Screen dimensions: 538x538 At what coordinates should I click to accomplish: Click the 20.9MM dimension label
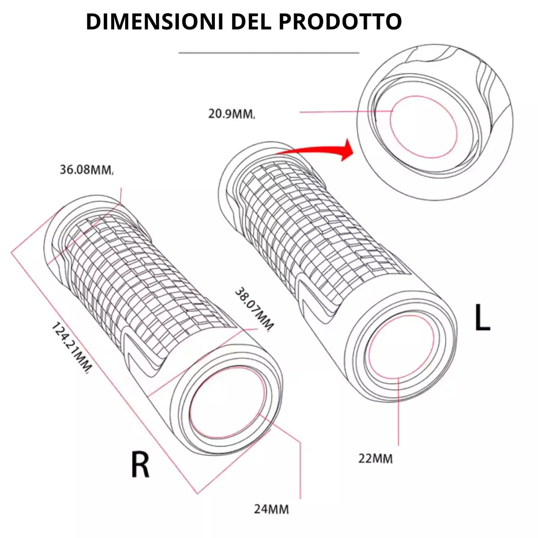point(231,114)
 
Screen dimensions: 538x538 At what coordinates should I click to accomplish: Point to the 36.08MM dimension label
point(86,170)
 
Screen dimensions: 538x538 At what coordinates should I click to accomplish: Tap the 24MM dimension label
point(271,509)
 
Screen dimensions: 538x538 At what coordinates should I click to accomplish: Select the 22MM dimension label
point(375,458)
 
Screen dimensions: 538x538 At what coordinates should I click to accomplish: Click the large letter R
point(140,464)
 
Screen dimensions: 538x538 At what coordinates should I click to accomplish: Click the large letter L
point(482,317)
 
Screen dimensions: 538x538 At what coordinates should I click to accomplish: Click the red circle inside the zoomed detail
point(423,127)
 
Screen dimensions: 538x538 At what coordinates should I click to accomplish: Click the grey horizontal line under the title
point(269,53)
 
